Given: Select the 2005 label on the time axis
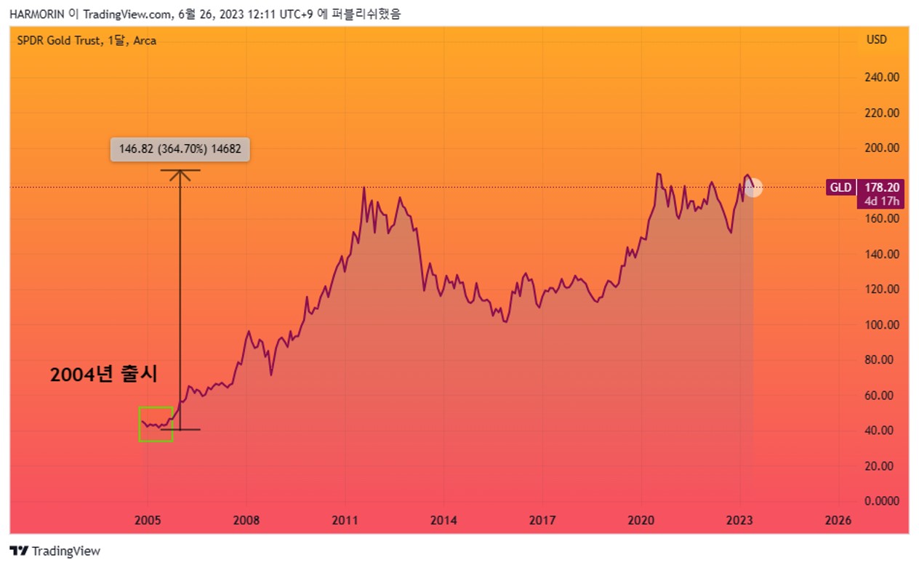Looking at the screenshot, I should (x=148, y=520).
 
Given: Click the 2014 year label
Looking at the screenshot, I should (x=444, y=520).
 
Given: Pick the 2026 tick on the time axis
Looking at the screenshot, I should (x=838, y=520).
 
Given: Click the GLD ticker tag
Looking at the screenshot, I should (x=840, y=188).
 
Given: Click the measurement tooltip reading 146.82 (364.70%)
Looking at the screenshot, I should (x=180, y=150).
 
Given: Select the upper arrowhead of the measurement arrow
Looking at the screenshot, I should (x=180, y=172).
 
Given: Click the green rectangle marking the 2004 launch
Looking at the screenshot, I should (x=156, y=424).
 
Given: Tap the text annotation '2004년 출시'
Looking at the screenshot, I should (x=103, y=375).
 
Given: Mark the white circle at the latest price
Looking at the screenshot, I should (x=753, y=188).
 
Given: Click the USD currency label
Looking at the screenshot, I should (x=876, y=40).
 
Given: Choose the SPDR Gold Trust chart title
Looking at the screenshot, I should (x=87, y=41).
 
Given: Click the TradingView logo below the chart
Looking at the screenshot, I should (x=55, y=551).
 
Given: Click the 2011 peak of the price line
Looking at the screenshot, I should (x=364, y=188).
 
